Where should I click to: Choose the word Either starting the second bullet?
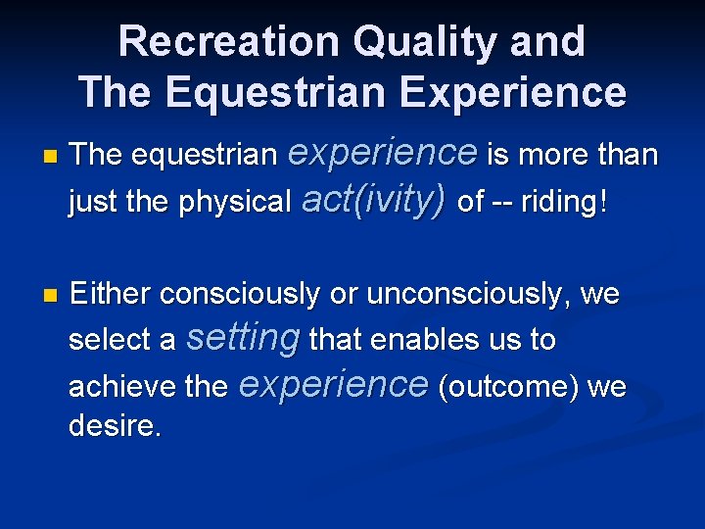click(x=112, y=294)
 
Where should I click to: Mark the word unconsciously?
click(x=465, y=294)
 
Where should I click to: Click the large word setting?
click(x=242, y=338)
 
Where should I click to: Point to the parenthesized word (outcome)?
click(x=508, y=387)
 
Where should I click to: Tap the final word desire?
click(x=115, y=426)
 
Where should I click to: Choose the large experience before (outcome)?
click(x=333, y=384)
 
